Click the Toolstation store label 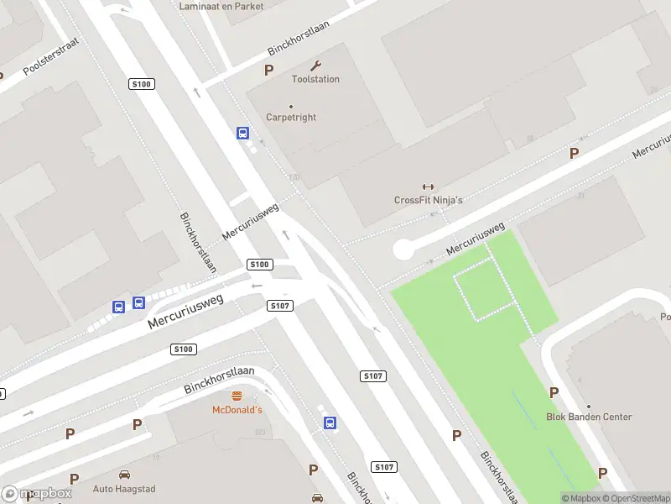pos(315,79)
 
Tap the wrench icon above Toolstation pos(315,66)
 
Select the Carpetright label pos(291,118)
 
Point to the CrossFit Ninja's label pos(429,200)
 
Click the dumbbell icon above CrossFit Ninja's pos(429,186)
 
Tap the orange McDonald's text pos(237,410)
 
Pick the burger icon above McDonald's pos(237,396)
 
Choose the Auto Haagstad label pos(124,489)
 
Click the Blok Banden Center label pos(589,417)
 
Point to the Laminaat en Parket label pos(221,7)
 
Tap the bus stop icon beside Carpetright pos(242,133)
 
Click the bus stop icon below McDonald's pos(330,423)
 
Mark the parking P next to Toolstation pos(269,71)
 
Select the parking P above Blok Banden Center pos(554,392)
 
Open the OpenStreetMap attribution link pos(635,498)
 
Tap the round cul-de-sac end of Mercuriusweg pos(403,249)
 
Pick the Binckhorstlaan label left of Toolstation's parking pos(299,38)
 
